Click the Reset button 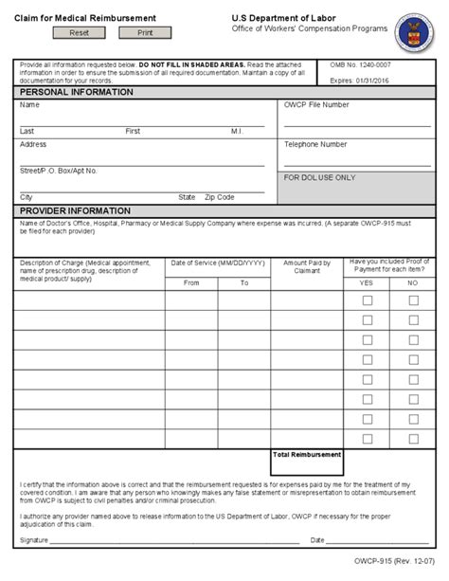tap(79, 32)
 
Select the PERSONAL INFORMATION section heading tap(72, 93)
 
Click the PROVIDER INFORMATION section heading tap(75, 210)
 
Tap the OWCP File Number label tap(316, 105)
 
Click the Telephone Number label tap(315, 145)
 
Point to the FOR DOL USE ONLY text tap(320, 177)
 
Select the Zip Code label tap(219, 197)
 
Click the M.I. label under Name tap(236, 131)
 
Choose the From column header tap(191, 282)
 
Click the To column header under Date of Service tap(243, 282)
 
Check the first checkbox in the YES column tap(368, 300)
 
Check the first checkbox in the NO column tap(413, 300)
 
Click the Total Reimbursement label tap(307, 455)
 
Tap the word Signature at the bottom tap(33, 540)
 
